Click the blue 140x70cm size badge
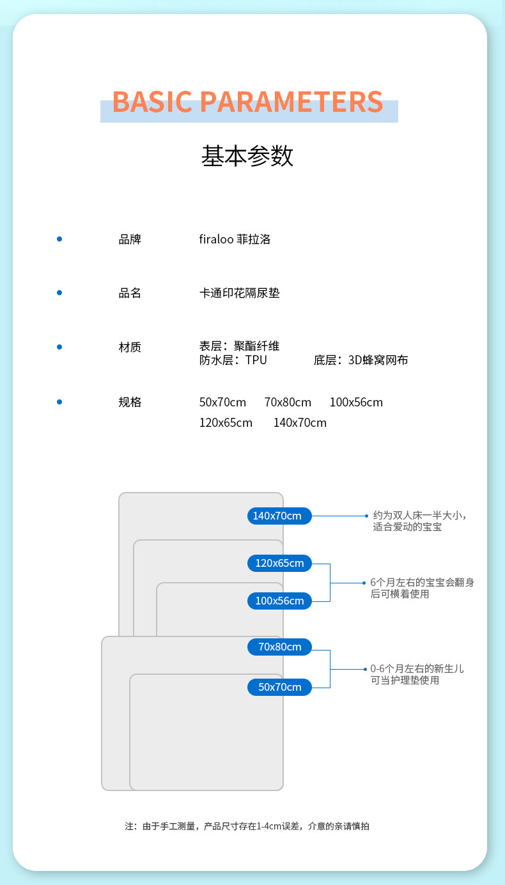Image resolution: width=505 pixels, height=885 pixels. pyautogui.click(x=279, y=516)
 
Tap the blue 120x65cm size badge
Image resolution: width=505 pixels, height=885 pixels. pyautogui.click(x=279, y=563)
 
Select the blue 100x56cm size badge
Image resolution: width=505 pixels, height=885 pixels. pyautogui.click(x=279, y=601)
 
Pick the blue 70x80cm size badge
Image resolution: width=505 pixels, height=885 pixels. pyautogui.click(x=279, y=647)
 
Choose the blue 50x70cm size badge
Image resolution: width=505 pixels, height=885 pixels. pyautogui.click(x=279, y=687)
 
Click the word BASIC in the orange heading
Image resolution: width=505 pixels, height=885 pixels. pyautogui.click(x=152, y=102)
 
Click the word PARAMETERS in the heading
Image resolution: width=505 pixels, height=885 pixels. pyautogui.click(x=291, y=102)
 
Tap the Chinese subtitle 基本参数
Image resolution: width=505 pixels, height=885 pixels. pyautogui.click(x=247, y=156)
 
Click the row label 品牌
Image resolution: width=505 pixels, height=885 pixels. pyautogui.click(x=130, y=240)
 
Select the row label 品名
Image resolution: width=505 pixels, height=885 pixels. pyautogui.click(x=130, y=293)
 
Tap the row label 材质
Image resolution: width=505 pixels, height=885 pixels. pyautogui.click(x=130, y=347)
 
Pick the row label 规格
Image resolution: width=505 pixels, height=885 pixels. pyautogui.click(x=130, y=402)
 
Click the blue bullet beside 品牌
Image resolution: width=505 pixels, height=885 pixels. pyautogui.click(x=59, y=239)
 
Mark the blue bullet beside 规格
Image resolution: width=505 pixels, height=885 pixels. pyautogui.click(x=59, y=402)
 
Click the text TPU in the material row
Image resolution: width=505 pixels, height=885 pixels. pyautogui.click(x=256, y=360)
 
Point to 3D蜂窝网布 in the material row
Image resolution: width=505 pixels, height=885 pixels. pyautogui.click(x=378, y=360)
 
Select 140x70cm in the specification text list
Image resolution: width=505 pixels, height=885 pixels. pyautogui.click(x=300, y=423)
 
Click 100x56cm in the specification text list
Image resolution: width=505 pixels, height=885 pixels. pyautogui.click(x=356, y=403)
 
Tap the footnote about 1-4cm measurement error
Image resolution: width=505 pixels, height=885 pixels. pyautogui.click(x=247, y=826)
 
